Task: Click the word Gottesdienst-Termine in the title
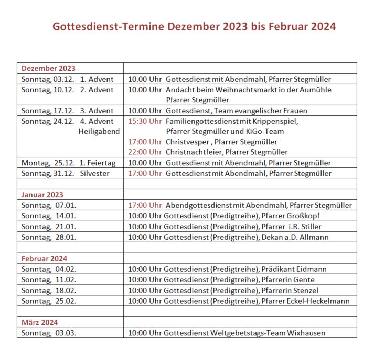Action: pyautogui.click(x=108, y=26)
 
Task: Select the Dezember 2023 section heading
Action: pyautogui.click(x=48, y=68)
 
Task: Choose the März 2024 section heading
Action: pyautogui.click(x=39, y=322)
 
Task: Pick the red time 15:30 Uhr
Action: pyautogui.click(x=145, y=121)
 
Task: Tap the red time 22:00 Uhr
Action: pyautogui.click(x=145, y=152)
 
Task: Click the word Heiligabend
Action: pyautogui.click(x=99, y=131)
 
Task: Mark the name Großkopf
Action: pyautogui.click(x=305, y=216)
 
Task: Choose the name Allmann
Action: pyautogui.click(x=315, y=237)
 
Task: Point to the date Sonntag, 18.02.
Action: pyautogui.click(x=49, y=290)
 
